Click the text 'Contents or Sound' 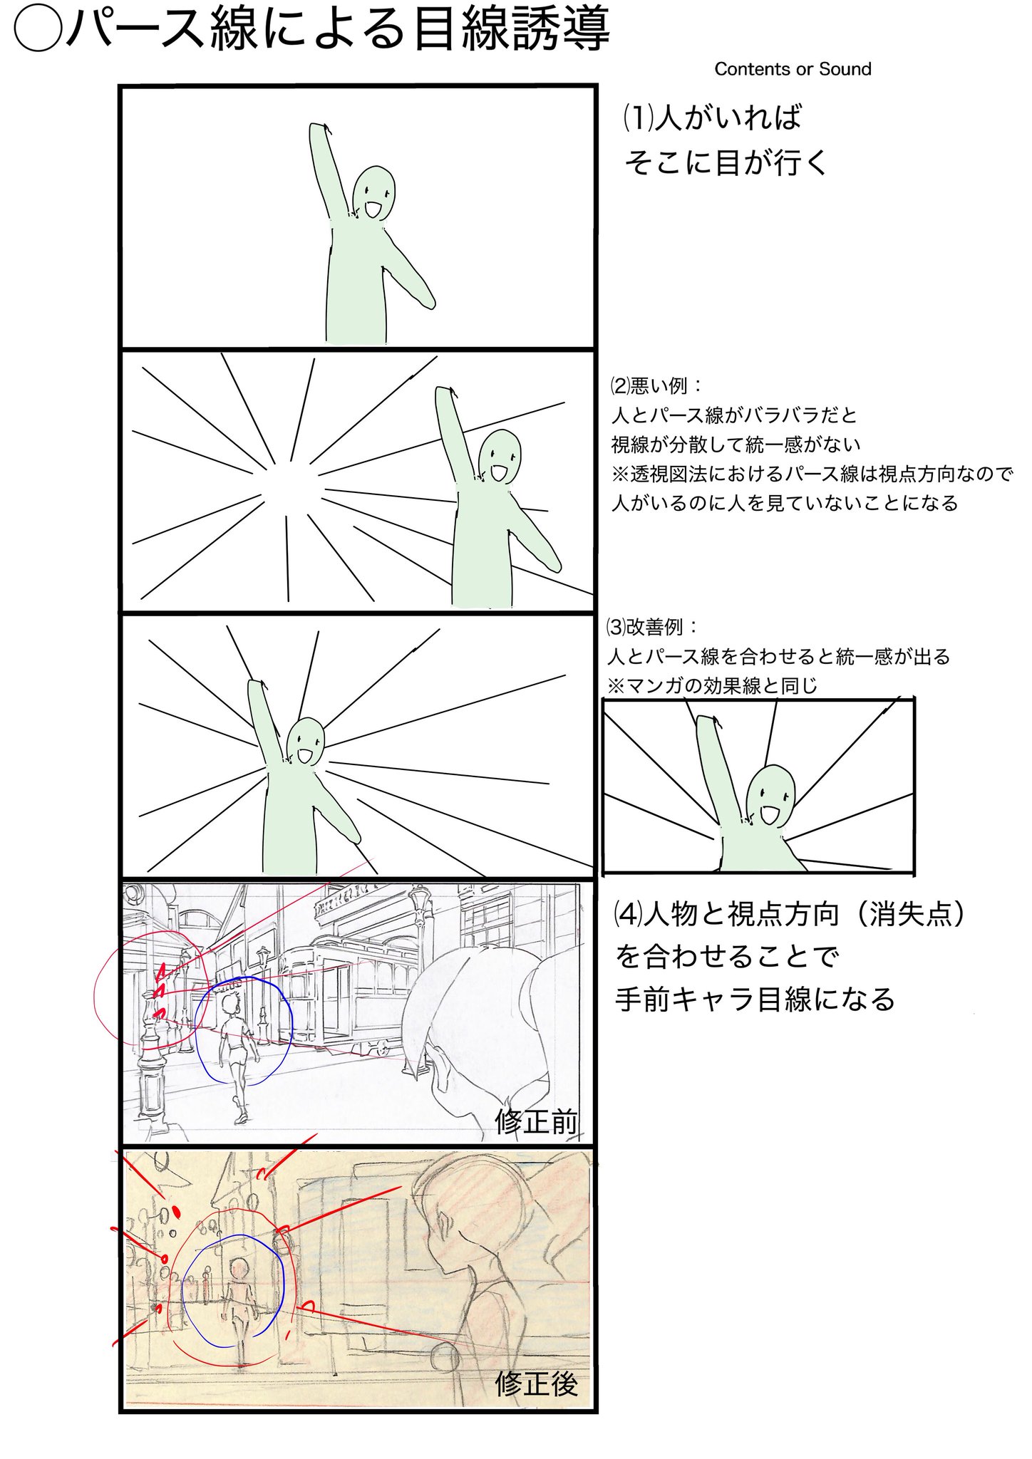[793, 69]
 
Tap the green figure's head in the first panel [374, 194]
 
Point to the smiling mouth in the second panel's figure [497, 472]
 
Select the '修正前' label [537, 1122]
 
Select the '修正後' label [537, 1384]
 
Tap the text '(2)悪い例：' [656, 386]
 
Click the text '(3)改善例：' [652, 627]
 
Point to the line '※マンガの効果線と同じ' [712, 686]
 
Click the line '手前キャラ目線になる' [755, 1000]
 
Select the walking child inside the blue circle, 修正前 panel [235, 1054]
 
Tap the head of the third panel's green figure [306, 741]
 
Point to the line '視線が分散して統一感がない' [736, 445]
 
